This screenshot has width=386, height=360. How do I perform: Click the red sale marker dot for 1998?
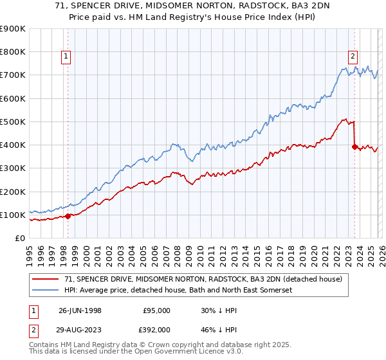pos(68,216)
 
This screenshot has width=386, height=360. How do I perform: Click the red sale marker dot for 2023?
pos(354,147)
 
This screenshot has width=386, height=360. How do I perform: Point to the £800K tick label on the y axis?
pos(13,51)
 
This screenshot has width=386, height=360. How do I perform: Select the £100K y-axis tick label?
pos(13,215)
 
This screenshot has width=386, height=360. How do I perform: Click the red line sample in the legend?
pos(46,279)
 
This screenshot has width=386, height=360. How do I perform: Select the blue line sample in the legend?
pos(46,290)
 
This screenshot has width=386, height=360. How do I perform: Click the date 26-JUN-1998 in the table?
pos(80,310)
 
